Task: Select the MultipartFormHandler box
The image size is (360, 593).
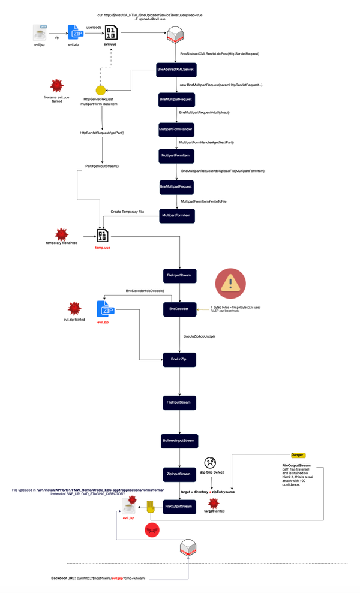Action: pyautogui.click(x=176, y=129)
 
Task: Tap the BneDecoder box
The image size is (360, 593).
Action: pyautogui.click(x=179, y=309)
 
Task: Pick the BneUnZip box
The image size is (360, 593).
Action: pyautogui.click(x=179, y=360)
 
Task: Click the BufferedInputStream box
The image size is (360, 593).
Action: pyautogui.click(x=179, y=440)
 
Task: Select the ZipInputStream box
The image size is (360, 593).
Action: pyautogui.click(x=179, y=474)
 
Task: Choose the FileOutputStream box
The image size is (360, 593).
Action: pyautogui.click(x=179, y=507)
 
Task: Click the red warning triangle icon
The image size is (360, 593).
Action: pyautogui.click(x=230, y=284)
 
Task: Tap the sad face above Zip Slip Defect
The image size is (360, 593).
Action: pyautogui.click(x=210, y=463)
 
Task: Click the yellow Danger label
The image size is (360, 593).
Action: pyautogui.click(x=298, y=456)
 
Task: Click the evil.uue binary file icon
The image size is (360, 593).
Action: pyautogui.click(x=111, y=32)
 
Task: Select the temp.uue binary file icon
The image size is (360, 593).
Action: pyautogui.click(x=103, y=236)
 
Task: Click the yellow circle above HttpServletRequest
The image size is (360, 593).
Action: pyautogui.click(x=101, y=91)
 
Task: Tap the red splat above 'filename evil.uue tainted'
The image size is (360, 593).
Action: pyautogui.click(x=56, y=85)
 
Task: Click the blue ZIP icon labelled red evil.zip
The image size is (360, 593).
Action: pyautogui.click(x=106, y=309)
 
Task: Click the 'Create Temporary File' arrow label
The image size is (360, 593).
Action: pyautogui.click(x=127, y=212)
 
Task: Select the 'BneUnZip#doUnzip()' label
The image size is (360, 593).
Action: pyautogui.click(x=199, y=336)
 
